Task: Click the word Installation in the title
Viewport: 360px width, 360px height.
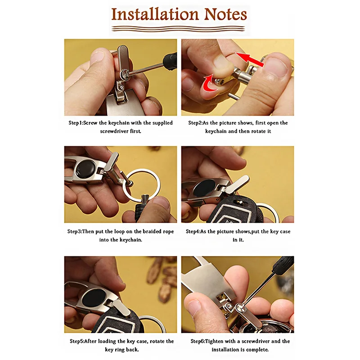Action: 155,14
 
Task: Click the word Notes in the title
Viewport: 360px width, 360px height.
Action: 225,14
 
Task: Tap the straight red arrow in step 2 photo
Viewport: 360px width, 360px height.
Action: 250,59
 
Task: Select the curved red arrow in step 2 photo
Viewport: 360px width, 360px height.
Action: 210,82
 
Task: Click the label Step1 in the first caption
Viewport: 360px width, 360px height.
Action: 76,123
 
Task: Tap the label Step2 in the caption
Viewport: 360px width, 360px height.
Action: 195,123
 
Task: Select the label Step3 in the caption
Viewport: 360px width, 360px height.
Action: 74,231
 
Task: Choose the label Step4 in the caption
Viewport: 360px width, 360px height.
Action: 193,231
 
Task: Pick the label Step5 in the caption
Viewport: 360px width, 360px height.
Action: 77,342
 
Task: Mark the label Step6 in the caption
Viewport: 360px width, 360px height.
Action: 198,342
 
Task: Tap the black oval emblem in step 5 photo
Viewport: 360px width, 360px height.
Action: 94,298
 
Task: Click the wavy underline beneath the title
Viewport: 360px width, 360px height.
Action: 178,29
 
